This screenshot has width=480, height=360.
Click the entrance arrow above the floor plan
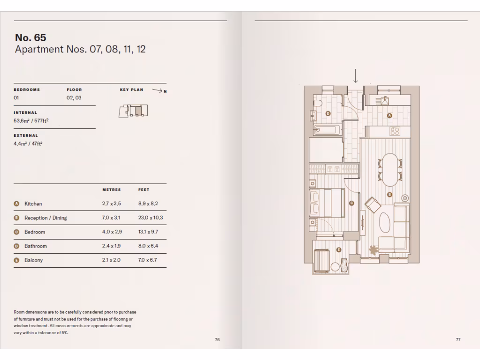[x=356, y=76]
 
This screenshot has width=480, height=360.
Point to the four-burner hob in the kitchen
[x=395, y=132]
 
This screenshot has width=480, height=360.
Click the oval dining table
[x=389, y=170]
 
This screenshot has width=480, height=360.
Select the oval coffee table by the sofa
[x=384, y=223]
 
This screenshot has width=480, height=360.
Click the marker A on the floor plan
[x=389, y=115]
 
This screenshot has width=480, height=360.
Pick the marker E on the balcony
[x=338, y=250]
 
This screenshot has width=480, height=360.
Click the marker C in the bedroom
[x=352, y=203]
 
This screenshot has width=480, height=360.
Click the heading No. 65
[x=30, y=37]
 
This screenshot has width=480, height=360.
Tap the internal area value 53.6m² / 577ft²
[x=31, y=120]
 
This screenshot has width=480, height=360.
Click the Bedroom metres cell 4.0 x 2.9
[x=111, y=232]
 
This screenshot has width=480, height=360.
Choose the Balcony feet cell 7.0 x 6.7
[x=147, y=260]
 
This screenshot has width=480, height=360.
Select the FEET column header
[x=143, y=190]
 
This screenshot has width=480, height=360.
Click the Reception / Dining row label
[x=45, y=218]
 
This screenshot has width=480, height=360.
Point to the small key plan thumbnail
[x=133, y=111]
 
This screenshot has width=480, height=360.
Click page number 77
[x=458, y=340]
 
